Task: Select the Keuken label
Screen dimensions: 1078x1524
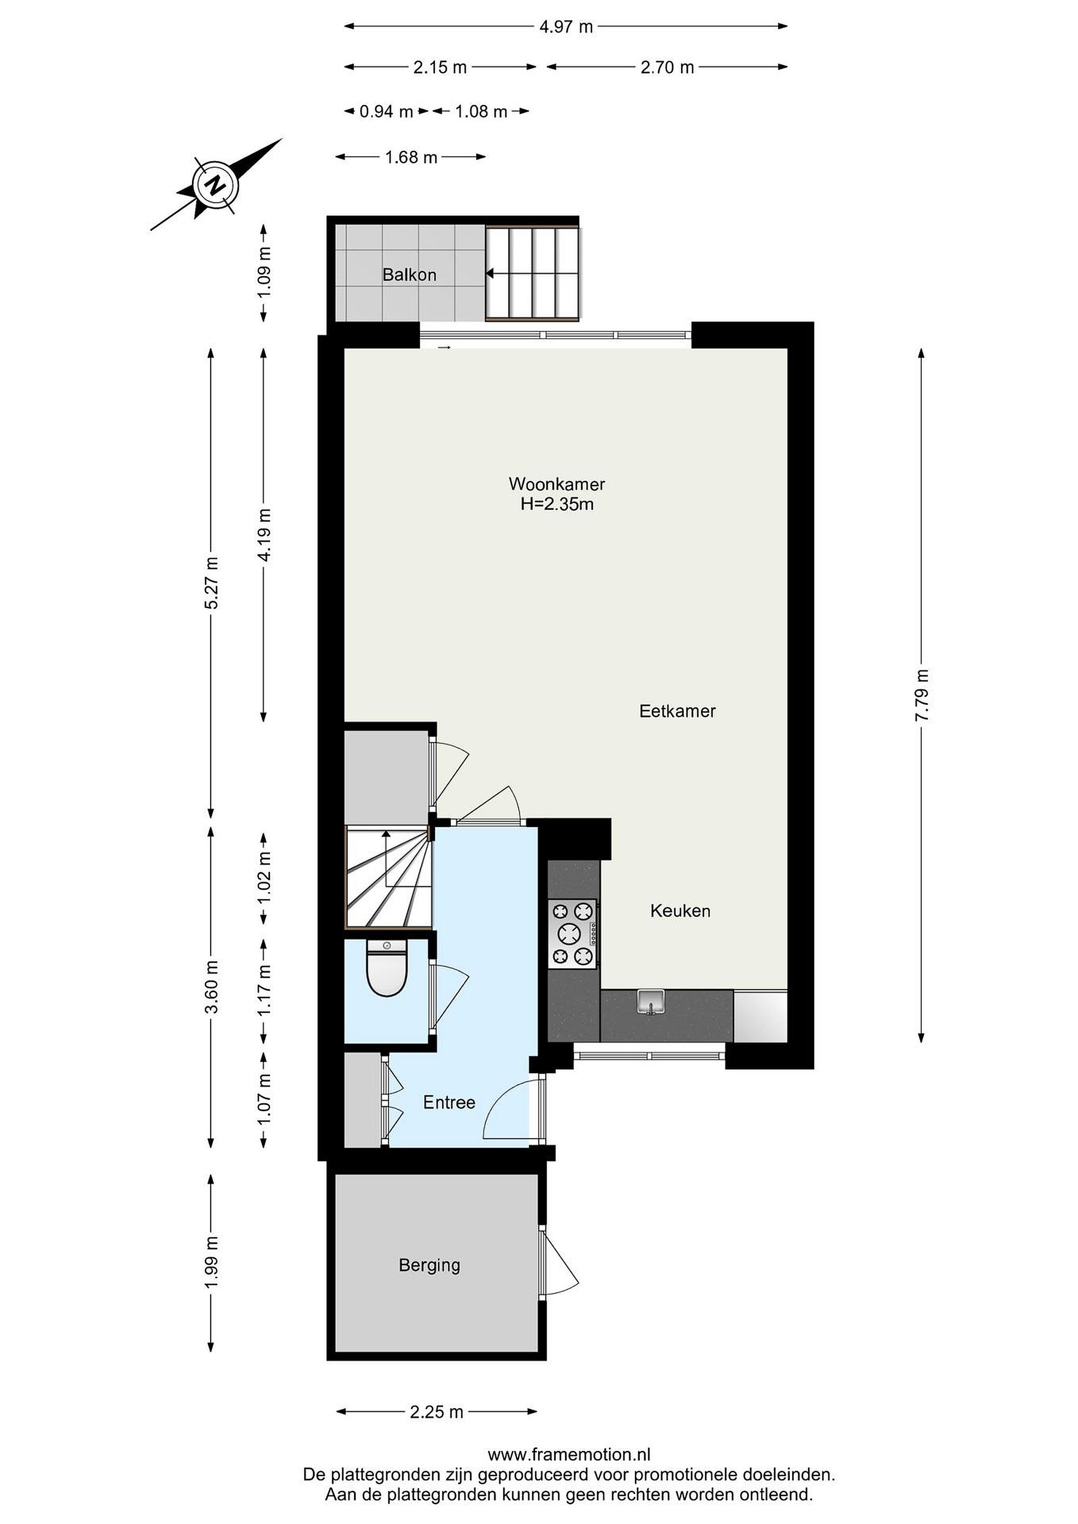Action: point(680,911)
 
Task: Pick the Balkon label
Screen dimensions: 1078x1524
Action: point(409,275)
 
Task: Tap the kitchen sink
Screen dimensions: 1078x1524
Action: point(651,1002)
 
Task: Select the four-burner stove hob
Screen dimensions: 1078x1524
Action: point(572,934)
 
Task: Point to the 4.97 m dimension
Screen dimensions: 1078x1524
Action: point(566,26)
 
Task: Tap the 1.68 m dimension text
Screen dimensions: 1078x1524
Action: point(411,157)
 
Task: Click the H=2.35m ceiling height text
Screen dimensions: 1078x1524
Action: point(557,504)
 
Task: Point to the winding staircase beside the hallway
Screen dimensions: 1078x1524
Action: point(388,876)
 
